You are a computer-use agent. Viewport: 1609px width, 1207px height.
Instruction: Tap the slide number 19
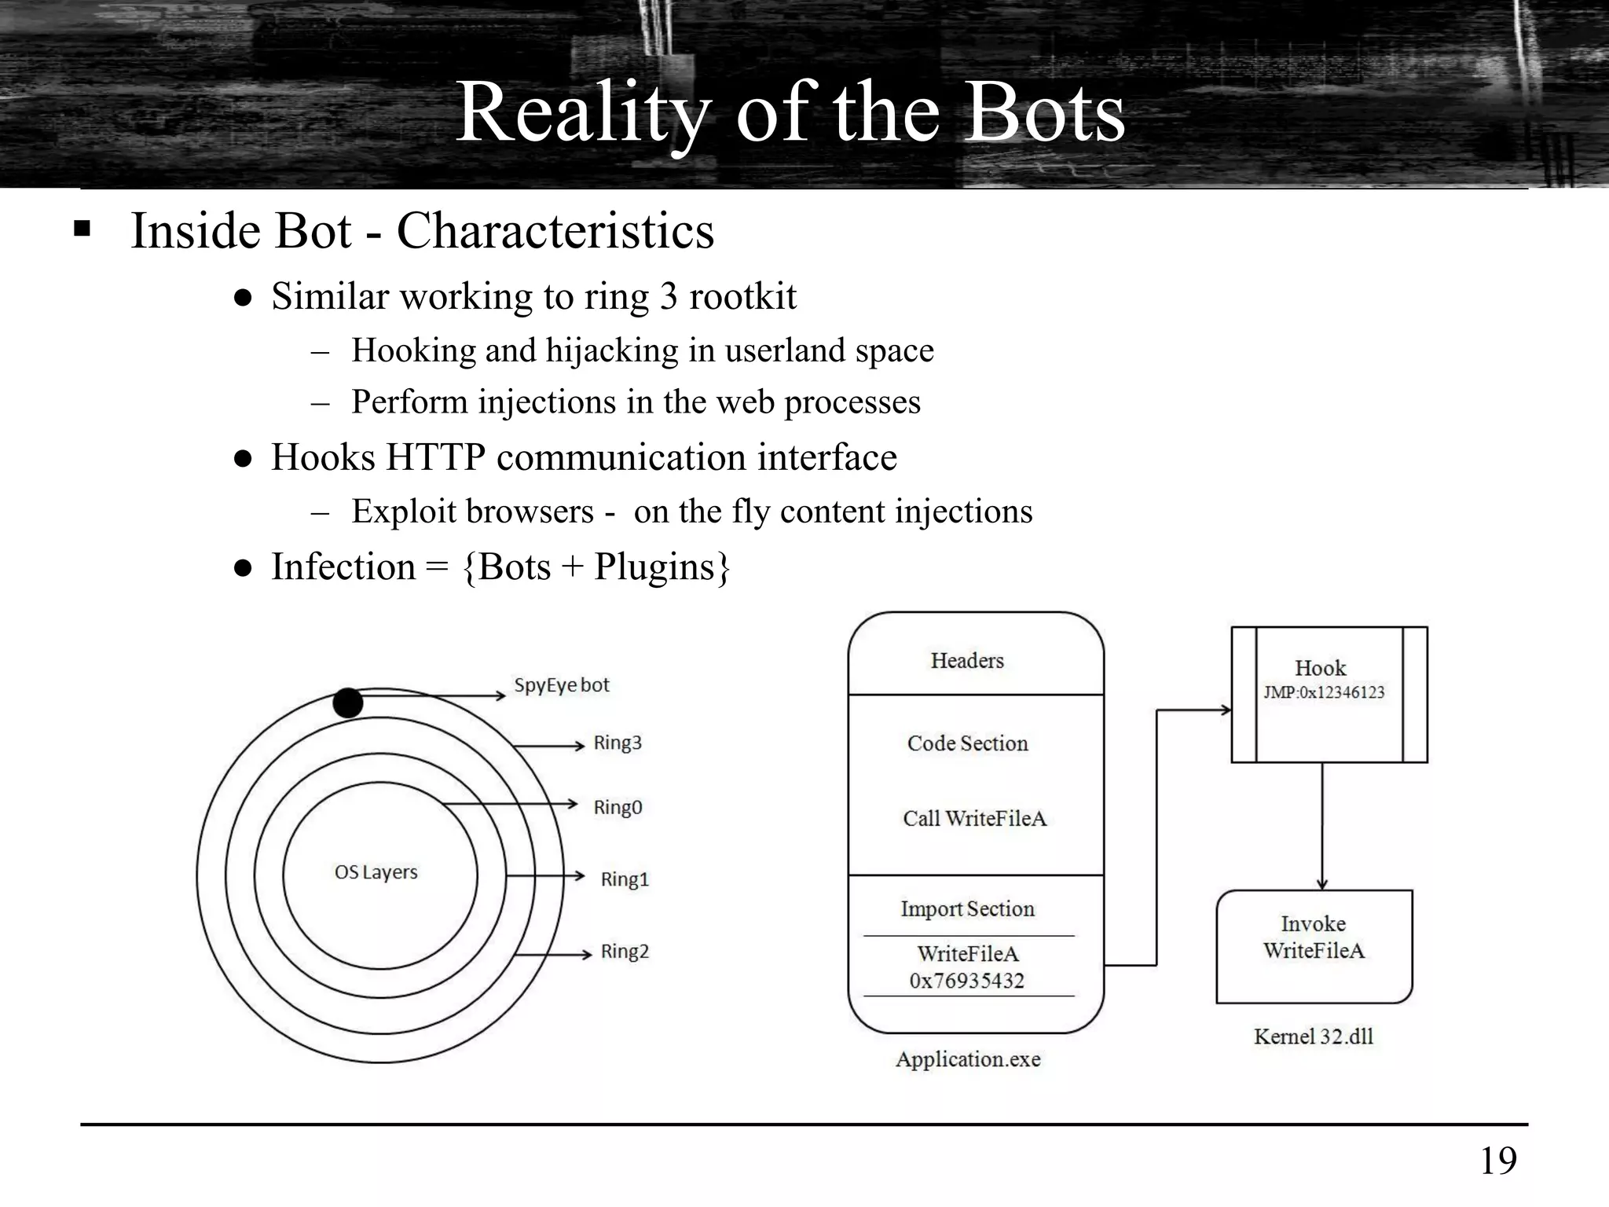click(1498, 1161)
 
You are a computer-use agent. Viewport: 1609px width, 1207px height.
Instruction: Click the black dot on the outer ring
click(348, 703)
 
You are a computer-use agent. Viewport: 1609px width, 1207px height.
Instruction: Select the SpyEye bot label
click(561, 685)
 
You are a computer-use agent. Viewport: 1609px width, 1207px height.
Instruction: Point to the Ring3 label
click(618, 743)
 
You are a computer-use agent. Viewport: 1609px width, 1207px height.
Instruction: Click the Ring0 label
click(618, 808)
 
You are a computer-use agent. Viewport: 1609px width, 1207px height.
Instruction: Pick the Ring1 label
click(625, 879)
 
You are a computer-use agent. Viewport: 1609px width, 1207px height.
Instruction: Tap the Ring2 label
click(625, 952)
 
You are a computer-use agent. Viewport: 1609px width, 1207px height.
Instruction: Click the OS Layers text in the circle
click(376, 872)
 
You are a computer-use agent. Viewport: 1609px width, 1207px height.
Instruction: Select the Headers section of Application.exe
click(967, 661)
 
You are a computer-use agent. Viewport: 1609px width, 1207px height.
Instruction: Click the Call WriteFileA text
click(974, 819)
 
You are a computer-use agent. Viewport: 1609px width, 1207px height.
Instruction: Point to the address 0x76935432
click(966, 981)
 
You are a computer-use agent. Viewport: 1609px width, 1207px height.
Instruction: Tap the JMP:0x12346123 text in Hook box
click(1324, 692)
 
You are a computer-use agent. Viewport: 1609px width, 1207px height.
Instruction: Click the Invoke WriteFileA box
click(1314, 945)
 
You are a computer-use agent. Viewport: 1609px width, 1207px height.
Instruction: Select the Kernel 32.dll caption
click(1313, 1036)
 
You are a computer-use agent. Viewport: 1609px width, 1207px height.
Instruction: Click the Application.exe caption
click(968, 1059)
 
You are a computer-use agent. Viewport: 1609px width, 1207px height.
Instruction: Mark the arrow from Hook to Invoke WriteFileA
click(1322, 825)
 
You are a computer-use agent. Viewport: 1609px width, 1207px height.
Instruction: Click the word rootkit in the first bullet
click(742, 297)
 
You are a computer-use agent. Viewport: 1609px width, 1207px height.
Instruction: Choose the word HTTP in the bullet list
click(434, 457)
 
